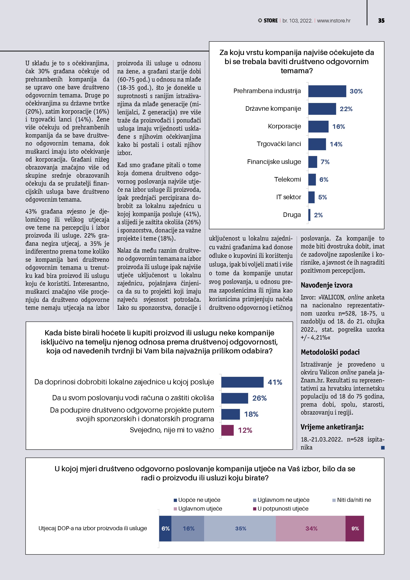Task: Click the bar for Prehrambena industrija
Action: click(x=327, y=91)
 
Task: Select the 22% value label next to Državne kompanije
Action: click(x=346, y=109)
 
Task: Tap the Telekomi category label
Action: click(x=288, y=179)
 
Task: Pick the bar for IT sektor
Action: click(x=311, y=197)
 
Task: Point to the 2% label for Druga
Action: click(x=318, y=215)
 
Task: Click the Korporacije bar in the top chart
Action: click(x=318, y=127)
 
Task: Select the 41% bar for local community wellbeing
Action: click(x=242, y=382)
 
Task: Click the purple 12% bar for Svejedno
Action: click(x=227, y=430)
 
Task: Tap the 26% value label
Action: click(x=259, y=398)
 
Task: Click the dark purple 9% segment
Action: click(x=354, y=528)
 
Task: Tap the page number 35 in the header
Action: click(x=381, y=21)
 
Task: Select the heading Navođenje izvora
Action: click(x=326, y=285)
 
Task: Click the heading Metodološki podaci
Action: click(x=330, y=352)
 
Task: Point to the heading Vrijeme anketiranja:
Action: click(x=332, y=427)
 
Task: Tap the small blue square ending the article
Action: click(x=383, y=448)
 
